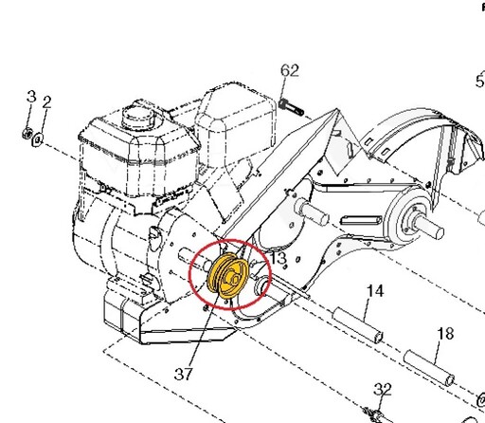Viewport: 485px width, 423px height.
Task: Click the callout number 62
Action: (290, 71)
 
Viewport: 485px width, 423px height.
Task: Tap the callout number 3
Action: (31, 97)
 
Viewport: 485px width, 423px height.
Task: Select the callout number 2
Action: (46, 102)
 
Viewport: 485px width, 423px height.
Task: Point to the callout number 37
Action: (183, 374)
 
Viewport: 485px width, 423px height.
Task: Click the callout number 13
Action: (278, 258)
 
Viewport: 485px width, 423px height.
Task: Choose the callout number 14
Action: (375, 291)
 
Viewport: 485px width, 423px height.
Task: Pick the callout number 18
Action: (445, 334)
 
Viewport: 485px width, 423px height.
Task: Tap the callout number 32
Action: (383, 390)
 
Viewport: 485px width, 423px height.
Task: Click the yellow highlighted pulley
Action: (228, 276)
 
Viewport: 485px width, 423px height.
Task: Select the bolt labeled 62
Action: (291, 106)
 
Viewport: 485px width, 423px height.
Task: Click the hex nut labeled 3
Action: (27, 133)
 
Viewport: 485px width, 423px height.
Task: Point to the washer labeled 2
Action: (37, 139)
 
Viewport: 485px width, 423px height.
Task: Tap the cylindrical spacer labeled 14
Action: (358, 325)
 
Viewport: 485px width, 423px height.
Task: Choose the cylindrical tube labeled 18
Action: (429, 368)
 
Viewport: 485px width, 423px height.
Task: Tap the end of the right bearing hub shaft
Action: (439, 233)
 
